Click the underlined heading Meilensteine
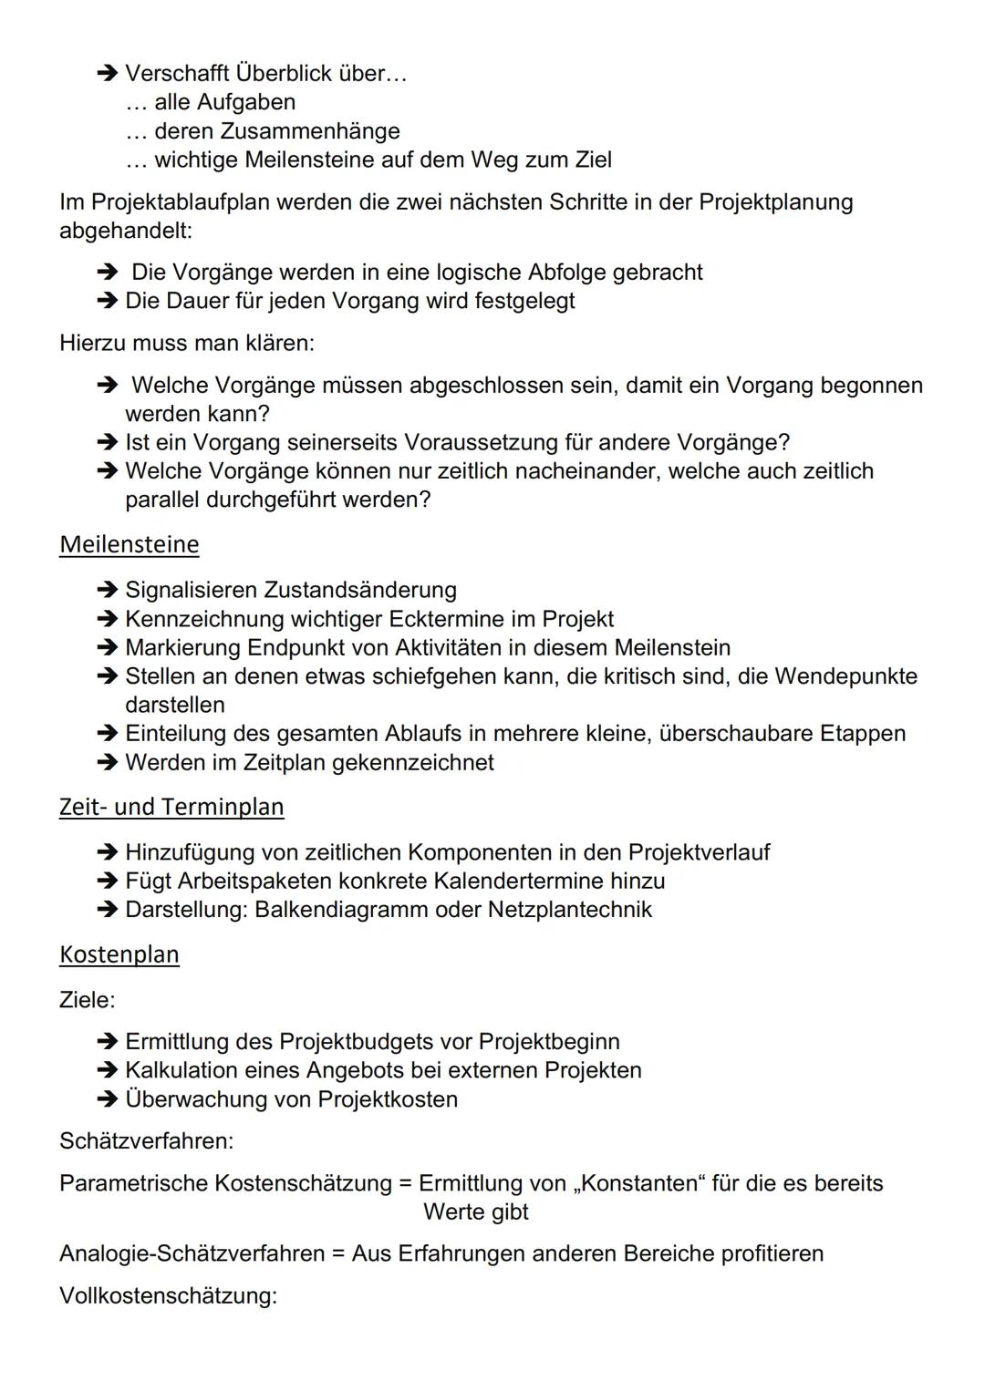[x=129, y=544]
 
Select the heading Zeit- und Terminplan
[x=171, y=807]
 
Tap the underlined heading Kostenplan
[x=119, y=954]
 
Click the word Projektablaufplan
[x=179, y=201]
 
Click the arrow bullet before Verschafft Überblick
[x=107, y=73]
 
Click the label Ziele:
[x=88, y=1000]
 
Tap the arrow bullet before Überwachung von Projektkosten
[x=107, y=1099]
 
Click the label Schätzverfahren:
[x=146, y=1140]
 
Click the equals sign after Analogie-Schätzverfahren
[x=337, y=1253]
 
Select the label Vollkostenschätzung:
[x=168, y=1295]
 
